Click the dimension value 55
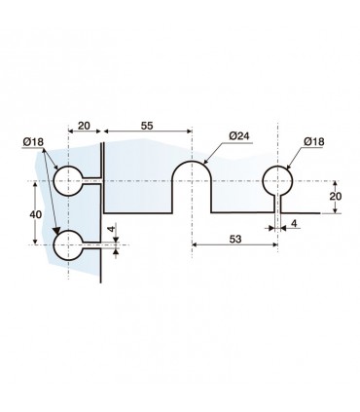147,126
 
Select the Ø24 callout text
239,135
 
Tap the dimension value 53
235,240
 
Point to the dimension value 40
35,214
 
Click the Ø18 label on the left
33,141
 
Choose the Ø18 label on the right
314,141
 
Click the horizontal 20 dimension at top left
84,126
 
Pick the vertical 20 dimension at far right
336,197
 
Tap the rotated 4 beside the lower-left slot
111,229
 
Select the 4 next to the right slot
294,223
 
